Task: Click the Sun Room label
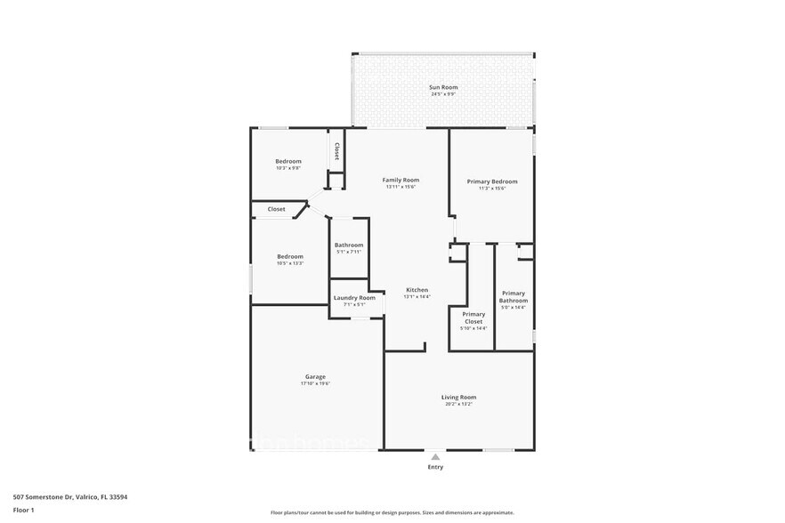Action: point(443,87)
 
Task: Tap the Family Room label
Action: point(401,180)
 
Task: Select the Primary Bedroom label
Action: point(492,181)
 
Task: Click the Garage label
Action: point(315,376)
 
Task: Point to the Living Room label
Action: point(458,397)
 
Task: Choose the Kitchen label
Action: point(417,290)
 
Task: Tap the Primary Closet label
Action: point(473,318)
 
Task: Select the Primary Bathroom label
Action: point(513,297)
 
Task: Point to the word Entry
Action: point(435,467)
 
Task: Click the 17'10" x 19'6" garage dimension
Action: point(315,384)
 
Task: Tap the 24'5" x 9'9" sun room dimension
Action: point(443,94)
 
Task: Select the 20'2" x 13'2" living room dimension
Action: point(458,405)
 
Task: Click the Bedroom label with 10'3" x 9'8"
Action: point(288,161)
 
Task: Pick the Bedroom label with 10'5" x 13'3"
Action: point(289,256)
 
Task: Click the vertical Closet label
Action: point(336,151)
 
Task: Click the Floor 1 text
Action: point(24,510)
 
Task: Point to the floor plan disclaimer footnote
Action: point(392,513)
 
